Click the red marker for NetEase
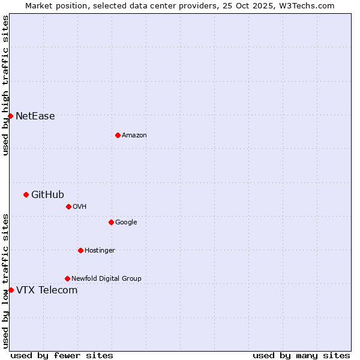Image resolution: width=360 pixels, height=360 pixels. (x=11, y=116)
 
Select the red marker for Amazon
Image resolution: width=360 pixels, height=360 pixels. (x=118, y=135)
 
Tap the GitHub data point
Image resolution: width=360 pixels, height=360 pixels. (x=26, y=194)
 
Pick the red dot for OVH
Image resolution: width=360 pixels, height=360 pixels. (x=68, y=206)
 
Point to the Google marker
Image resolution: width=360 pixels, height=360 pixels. (x=111, y=222)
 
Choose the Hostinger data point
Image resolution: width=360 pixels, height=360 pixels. (x=80, y=250)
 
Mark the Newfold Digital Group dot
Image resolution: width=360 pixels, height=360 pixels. (x=67, y=278)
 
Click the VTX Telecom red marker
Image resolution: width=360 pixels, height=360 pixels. (x=11, y=290)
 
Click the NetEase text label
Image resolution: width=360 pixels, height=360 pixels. (x=35, y=116)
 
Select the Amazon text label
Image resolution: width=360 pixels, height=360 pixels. (x=134, y=136)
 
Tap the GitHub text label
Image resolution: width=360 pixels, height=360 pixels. (x=47, y=194)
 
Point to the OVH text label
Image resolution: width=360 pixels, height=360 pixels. (x=80, y=207)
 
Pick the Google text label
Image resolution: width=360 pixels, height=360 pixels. (x=126, y=223)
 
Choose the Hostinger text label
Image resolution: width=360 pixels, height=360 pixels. (x=100, y=251)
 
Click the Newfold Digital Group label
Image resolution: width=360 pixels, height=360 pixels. (x=106, y=279)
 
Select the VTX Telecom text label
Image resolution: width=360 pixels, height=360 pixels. (x=47, y=290)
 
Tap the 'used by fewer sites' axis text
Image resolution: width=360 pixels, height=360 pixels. (x=62, y=355)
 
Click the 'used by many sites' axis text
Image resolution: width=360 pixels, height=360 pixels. (x=301, y=355)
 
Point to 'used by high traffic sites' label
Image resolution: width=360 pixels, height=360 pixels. (x=6, y=85)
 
